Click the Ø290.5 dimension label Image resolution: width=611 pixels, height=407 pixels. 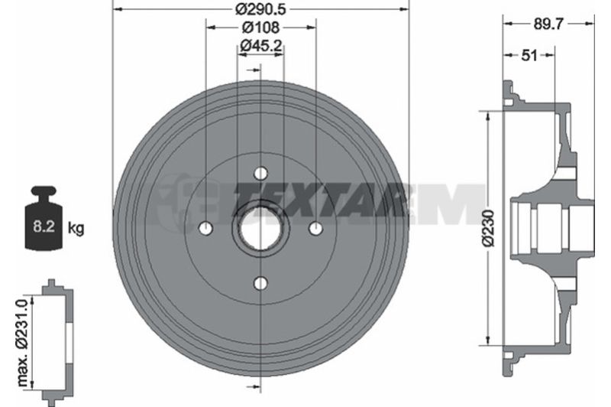point(260,8)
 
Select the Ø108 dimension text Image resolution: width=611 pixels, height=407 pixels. point(260,28)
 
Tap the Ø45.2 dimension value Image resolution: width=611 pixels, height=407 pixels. point(260,46)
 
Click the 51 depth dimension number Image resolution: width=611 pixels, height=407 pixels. point(529,55)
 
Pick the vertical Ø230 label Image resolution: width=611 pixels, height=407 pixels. point(488,228)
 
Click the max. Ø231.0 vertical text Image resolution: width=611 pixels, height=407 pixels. point(23,342)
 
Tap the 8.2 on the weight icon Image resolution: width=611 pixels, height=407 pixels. point(44,226)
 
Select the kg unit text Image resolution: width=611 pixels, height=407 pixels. point(76,228)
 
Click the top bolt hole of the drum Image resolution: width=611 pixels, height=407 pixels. point(260,173)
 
